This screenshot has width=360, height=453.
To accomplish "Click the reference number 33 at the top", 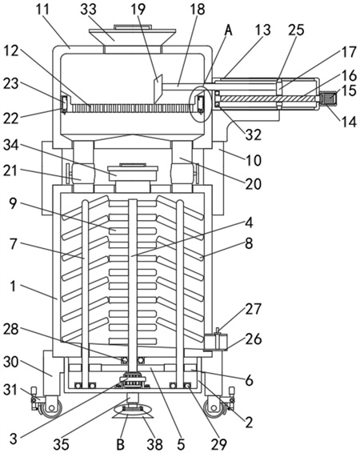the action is point(88,10).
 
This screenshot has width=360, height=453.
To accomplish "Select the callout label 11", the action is point(43,10).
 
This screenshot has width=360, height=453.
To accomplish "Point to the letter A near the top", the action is point(228,30).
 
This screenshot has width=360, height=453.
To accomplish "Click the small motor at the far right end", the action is point(329,98).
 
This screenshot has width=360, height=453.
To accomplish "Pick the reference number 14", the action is point(349,122).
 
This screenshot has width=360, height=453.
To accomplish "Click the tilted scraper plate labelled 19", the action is point(158,89).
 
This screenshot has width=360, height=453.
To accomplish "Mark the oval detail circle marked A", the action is point(199,104).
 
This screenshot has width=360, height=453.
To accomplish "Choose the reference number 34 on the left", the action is point(10,145).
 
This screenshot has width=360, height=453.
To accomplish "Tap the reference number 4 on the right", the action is point(249,222).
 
